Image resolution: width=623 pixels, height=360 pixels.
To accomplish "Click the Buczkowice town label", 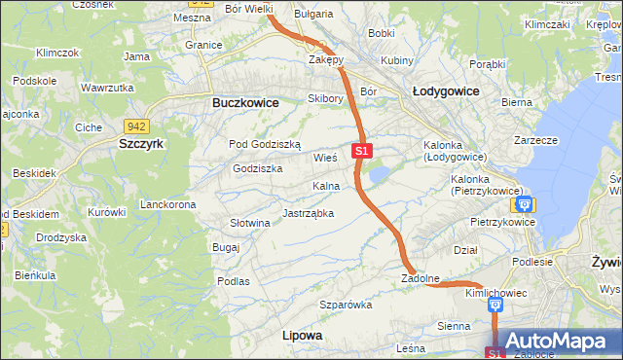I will coord(245,102).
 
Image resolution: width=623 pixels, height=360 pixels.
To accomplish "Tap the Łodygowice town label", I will coord(446,90).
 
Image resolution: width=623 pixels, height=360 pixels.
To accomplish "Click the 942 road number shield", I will coord(136,126).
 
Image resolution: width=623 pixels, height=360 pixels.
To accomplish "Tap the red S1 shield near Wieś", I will coord(362,151).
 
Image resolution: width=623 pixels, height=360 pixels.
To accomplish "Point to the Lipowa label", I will coord(301,335).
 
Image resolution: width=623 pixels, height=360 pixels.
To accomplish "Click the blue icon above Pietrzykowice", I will coord(524,204).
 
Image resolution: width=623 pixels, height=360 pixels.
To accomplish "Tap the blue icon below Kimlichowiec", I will coord(495,306).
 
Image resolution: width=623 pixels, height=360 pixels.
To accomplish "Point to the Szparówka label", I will coord(347,306).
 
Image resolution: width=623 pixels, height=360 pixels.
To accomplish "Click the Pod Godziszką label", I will coord(265,144).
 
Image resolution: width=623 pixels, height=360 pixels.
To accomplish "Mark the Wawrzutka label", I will coord(107,88).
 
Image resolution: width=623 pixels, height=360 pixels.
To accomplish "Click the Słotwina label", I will coord(249,223).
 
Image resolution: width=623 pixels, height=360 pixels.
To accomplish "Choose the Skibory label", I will coord(325,98).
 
